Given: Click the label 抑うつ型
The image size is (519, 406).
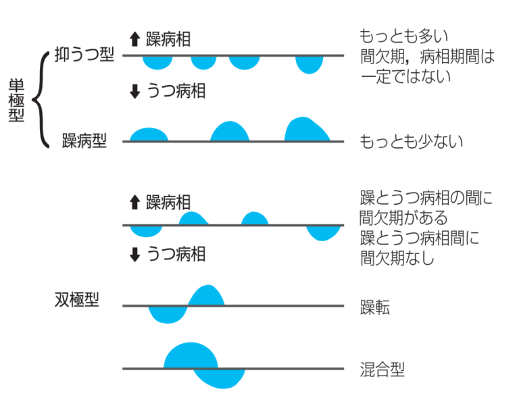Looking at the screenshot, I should pos(84,55).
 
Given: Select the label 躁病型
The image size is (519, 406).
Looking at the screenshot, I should pos(84,141).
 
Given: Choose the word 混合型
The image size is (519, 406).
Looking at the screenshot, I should pos(382,370).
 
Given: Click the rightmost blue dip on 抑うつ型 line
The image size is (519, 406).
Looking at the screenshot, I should pos(309,64).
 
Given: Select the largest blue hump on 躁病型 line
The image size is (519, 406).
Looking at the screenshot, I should pos(305,130).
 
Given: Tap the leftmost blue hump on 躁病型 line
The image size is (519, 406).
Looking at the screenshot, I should pos(149,135).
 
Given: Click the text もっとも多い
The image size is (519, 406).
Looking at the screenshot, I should pos(404,35).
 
